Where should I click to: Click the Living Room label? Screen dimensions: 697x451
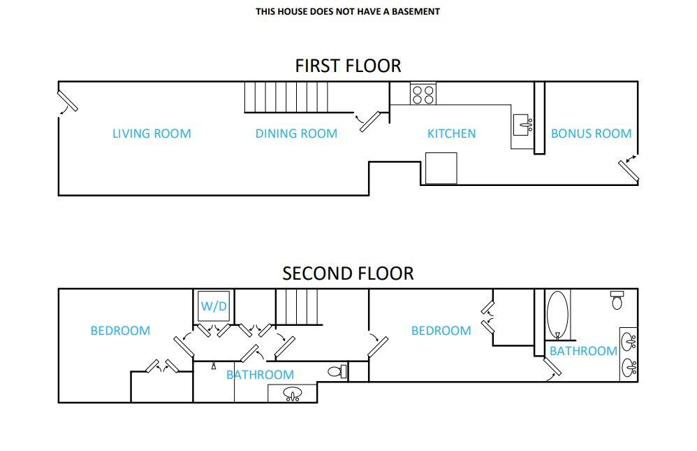pyautogui.click(x=152, y=134)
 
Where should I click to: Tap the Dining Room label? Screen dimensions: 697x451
pyautogui.click(x=296, y=134)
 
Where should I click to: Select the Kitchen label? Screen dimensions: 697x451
pyautogui.click(x=451, y=134)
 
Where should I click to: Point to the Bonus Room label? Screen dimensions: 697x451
pyautogui.click(x=592, y=134)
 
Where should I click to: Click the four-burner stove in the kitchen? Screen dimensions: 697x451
pyautogui.click(x=423, y=94)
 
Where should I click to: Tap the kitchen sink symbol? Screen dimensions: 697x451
pyautogui.click(x=523, y=125)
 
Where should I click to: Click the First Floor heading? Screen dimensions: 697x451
pyautogui.click(x=348, y=66)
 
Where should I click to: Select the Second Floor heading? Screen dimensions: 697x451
pyautogui.click(x=348, y=273)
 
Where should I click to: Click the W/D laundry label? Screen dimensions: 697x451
pyautogui.click(x=214, y=306)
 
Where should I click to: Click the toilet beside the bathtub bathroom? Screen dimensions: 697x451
pyautogui.click(x=617, y=300)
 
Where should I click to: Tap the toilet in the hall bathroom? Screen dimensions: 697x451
pyautogui.click(x=337, y=371)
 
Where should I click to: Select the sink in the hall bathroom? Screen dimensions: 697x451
pyautogui.click(x=293, y=394)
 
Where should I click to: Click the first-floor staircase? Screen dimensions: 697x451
pyautogui.click(x=286, y=97)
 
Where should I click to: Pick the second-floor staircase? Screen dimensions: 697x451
pyautogui.click(x=298, y=307)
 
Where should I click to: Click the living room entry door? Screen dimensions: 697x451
pyautogui.click(x=68, y=101)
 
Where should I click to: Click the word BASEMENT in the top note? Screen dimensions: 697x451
pyautogui.click(x=416, y=12)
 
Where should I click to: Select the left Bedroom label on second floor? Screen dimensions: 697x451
pyautogui.click(x=120, y=331)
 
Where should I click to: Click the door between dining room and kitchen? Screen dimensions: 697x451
pyautogui.click(x=370, y=122)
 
